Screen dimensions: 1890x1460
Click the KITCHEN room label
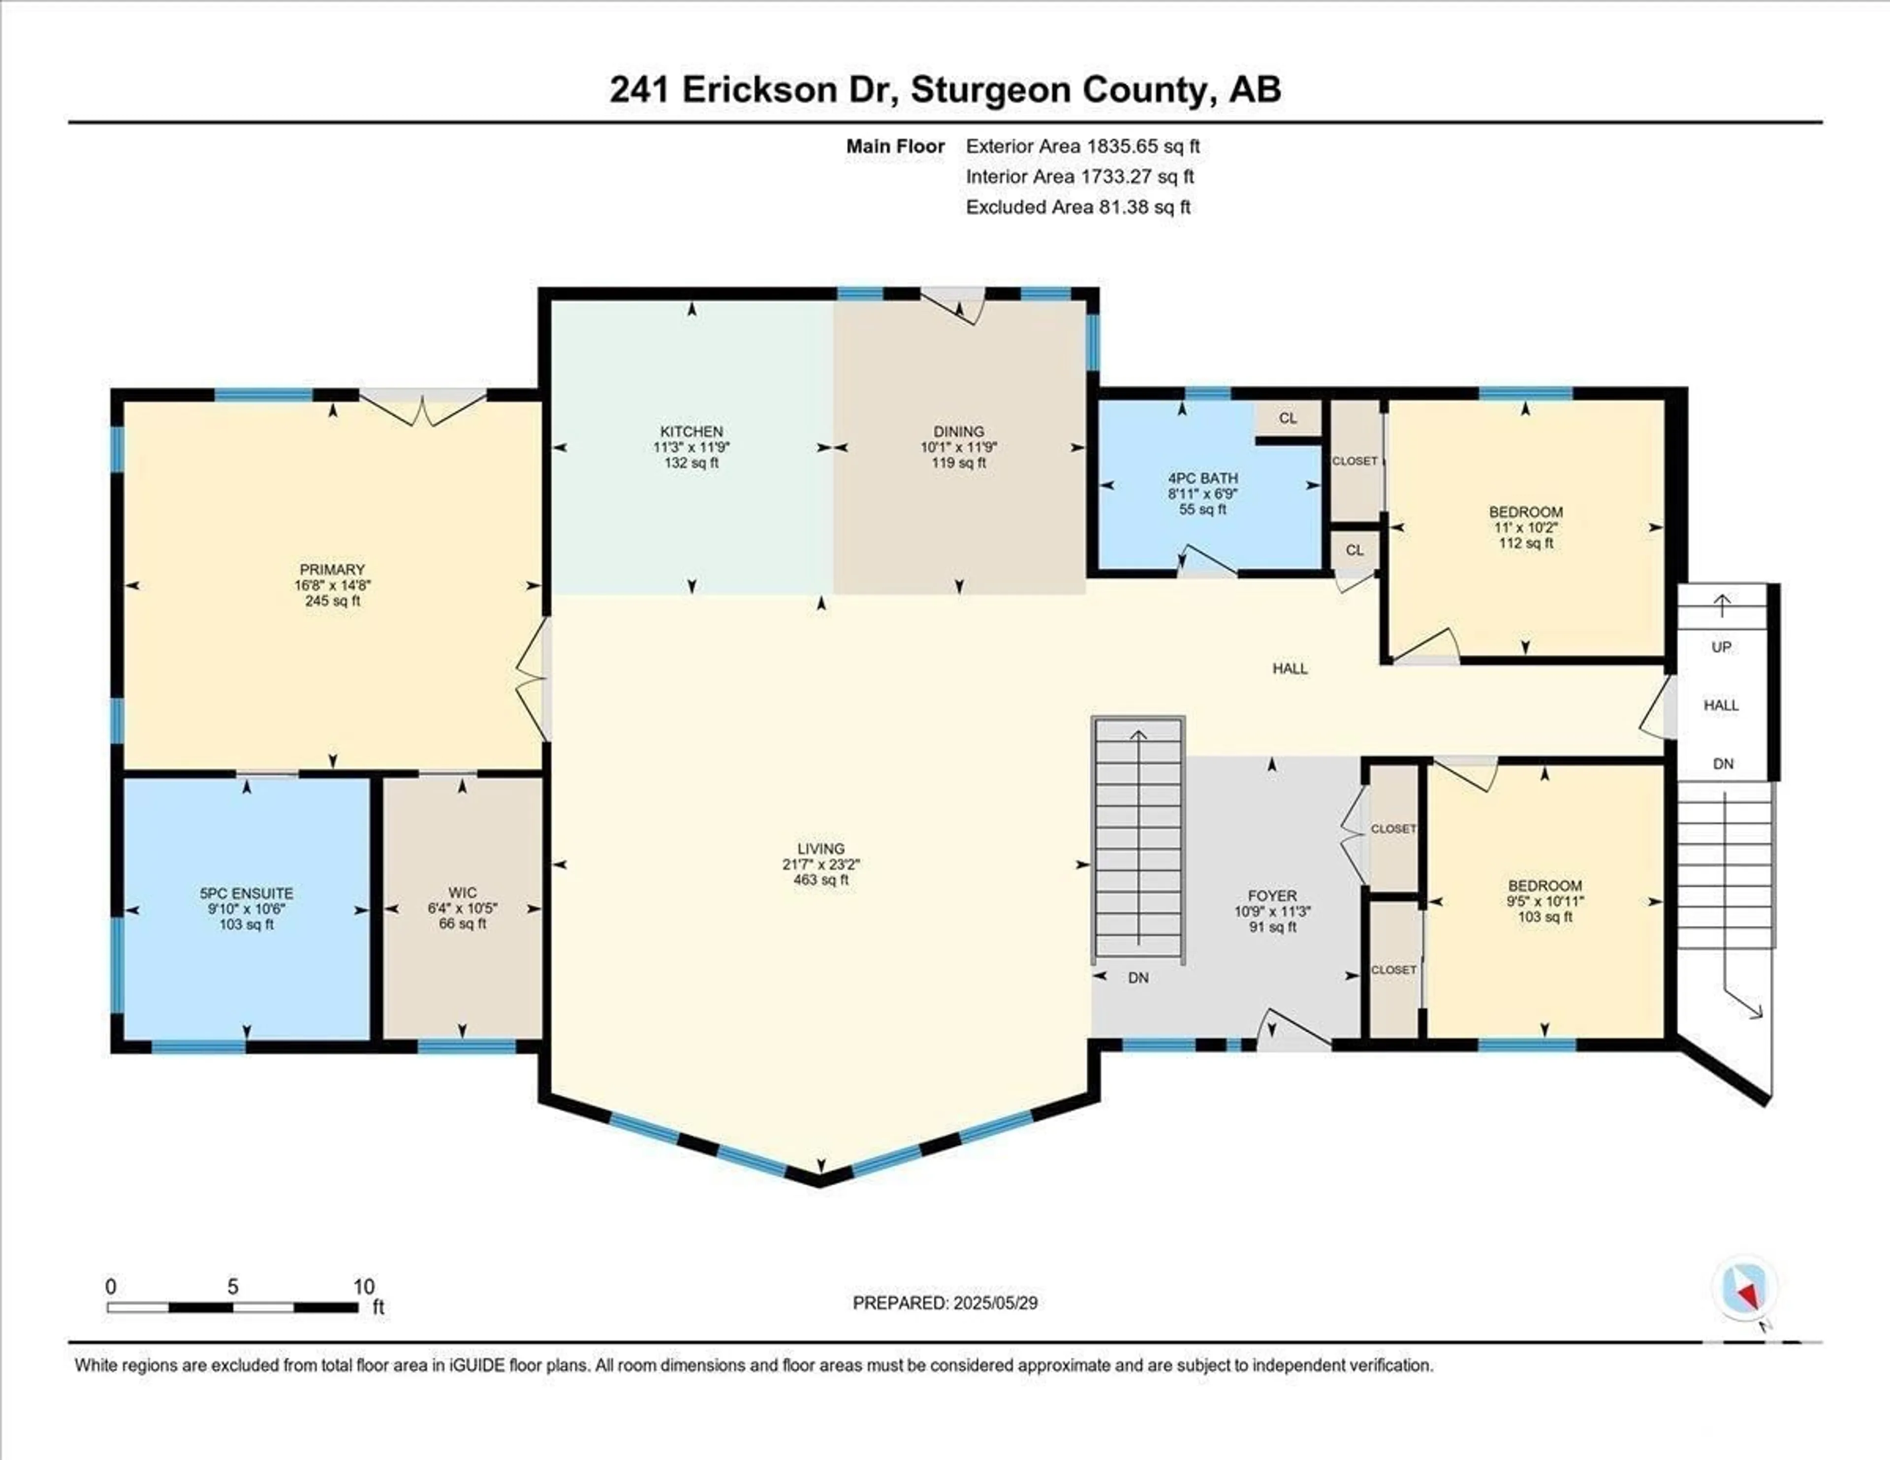(x=692, y=431)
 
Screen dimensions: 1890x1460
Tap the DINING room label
(x=959, y=431)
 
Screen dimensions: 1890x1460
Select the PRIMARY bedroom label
(x=332, y=570)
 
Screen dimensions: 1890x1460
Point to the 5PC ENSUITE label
(x=247, y=893)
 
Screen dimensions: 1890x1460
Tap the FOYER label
(x=1272, y=896)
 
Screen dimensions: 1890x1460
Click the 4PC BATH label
(x=1203, y=477)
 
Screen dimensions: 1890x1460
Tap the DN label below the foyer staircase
(x=1138, y=978)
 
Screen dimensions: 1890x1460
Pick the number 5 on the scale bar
(x=233, y=1287)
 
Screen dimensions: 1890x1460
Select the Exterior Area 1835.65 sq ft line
(x=1083, y=146)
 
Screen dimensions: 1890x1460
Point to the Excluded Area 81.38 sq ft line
(x=1078, y=207)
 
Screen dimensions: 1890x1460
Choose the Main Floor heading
(x=895, y=146)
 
